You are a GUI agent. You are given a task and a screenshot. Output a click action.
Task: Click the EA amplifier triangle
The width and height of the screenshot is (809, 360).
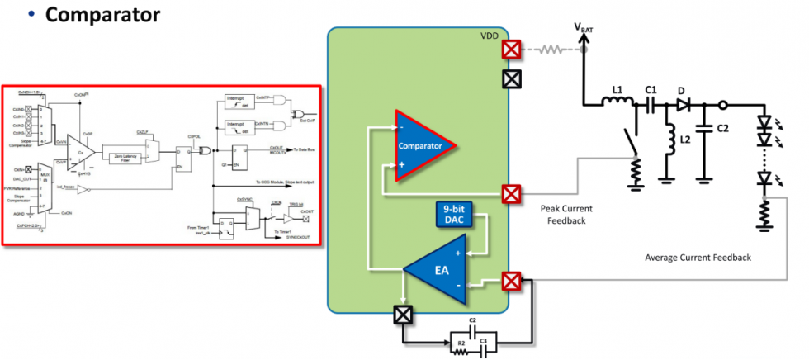pos(438,269)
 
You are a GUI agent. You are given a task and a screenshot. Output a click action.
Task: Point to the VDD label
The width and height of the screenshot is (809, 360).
pos(490,37)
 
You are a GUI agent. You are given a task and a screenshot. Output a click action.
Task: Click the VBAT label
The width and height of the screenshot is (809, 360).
pos(584,29)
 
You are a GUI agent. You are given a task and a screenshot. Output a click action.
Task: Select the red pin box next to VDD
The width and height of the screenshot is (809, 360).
pos(512,50)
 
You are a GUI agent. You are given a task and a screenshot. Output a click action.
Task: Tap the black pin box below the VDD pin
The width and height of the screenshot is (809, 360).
pos(512,79)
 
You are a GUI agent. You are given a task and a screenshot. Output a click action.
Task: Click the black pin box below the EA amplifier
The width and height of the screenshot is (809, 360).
pos(403,315)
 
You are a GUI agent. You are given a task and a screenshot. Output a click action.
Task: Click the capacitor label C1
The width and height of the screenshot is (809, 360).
pos(651,88)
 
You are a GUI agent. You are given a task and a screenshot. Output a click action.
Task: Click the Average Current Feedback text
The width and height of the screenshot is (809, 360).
pos(698,258)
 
